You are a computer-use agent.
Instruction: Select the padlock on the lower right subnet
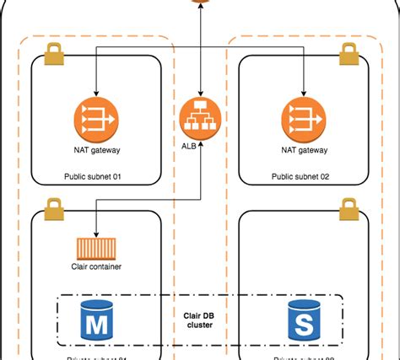click(x=347, y=207)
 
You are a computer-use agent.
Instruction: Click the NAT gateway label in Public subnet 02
click(x=302, y=151)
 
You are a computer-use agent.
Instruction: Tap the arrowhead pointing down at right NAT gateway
click(x=302, y=91)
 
